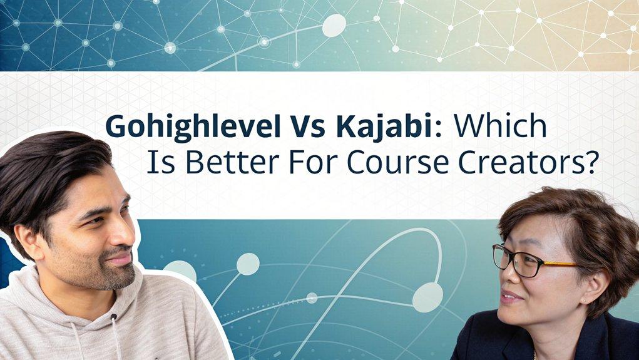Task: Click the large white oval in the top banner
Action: (334, 25)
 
